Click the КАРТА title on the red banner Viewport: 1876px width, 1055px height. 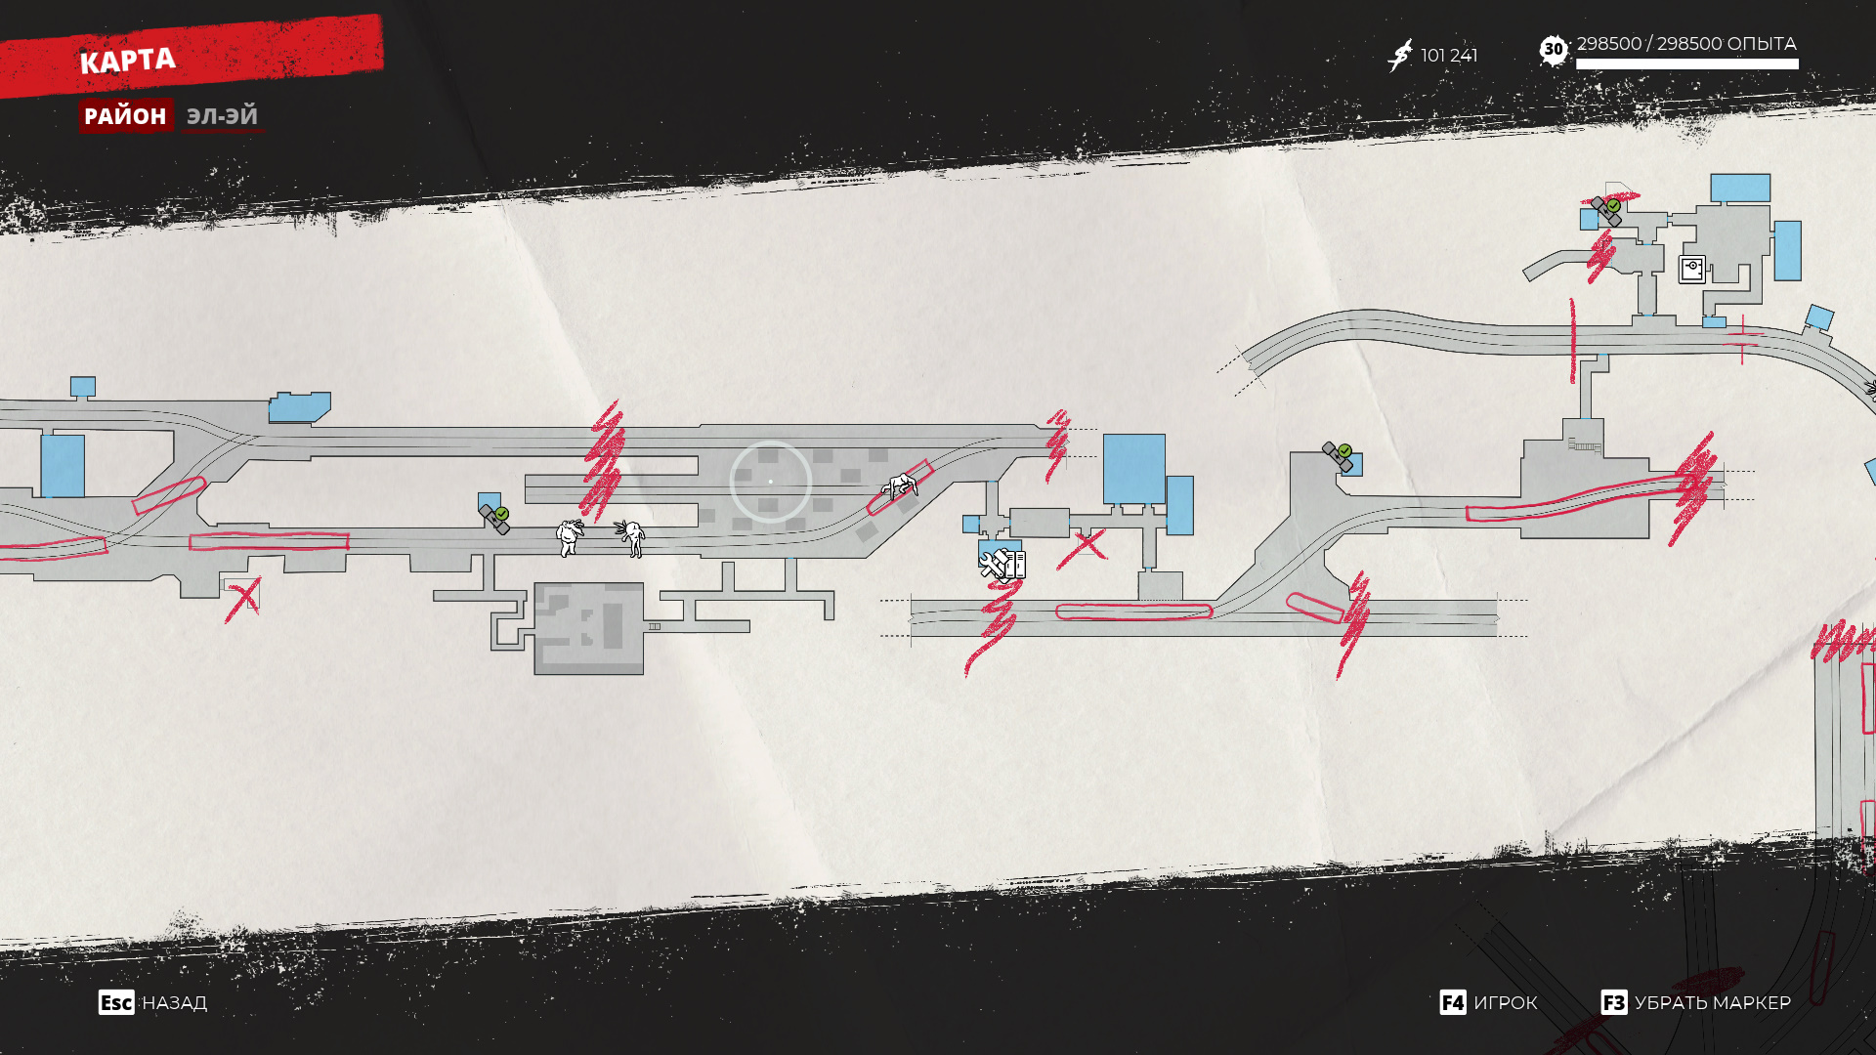pos(127,62)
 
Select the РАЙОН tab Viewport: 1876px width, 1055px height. pos(125,116)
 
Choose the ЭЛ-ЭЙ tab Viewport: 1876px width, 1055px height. pos(222,116)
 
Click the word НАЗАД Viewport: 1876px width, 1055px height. pos(175,1003)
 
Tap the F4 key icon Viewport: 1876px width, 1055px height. pos(1452,1003)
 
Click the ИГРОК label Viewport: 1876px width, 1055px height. pos(1506,1003)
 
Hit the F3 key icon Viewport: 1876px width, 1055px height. pos(1613,1003)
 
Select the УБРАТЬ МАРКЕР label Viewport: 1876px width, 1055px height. pos(1713,1003)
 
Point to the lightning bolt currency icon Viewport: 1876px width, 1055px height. pos(1400,56)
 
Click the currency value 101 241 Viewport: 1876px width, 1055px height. pos(1449,56)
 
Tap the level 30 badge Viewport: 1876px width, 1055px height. pos(1553,50)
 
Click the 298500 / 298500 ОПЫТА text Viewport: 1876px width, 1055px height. pos(1686,44)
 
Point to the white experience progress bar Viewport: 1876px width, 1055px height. pos(1686,64)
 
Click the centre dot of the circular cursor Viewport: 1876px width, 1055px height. pos(770,482)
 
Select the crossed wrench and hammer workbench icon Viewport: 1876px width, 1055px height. pos(995,564)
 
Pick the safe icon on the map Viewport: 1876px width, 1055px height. pos(1692,269)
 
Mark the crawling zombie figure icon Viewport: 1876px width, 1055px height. pos(900,485)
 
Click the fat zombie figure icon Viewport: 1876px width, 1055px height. pos(570,536)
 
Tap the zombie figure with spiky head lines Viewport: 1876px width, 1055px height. pos(631,537)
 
